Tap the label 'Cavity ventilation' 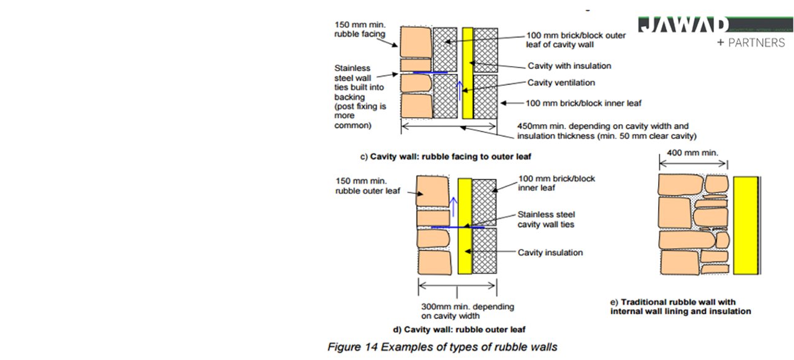(561, 83)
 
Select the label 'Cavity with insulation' (569, 66)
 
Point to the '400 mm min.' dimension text (692, 152)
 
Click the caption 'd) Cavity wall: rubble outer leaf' (460, 329)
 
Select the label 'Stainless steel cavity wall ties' (546, 219)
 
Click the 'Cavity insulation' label (550, 253)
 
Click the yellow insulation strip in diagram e (745, 225)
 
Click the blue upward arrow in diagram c (459, 90)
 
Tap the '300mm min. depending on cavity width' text (459, 311)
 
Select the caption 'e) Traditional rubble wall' (680, 307)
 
